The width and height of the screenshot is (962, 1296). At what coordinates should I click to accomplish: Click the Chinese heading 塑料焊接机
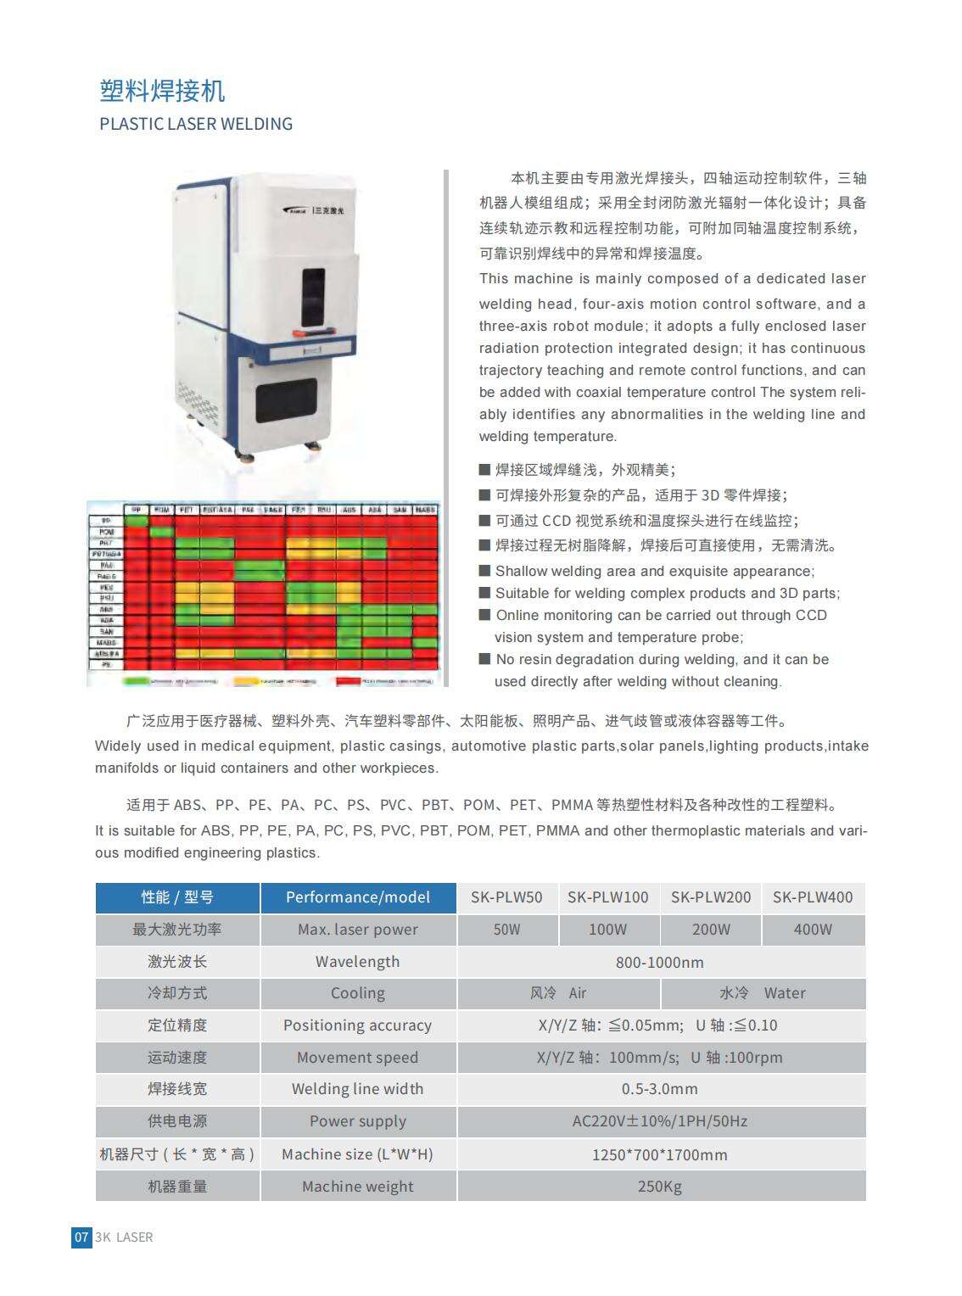[162, 90]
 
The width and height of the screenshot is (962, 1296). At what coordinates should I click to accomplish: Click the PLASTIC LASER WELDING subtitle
[196, 124]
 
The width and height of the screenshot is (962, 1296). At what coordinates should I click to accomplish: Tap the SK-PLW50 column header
[506, 897]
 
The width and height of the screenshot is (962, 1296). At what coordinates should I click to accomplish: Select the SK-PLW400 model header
[813, 897]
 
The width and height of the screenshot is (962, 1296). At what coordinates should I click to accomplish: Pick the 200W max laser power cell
[711, 930]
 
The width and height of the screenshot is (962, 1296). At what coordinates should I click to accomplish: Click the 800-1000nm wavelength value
[660, 962]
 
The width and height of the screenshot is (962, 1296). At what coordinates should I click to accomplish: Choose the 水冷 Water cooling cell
[763, 993]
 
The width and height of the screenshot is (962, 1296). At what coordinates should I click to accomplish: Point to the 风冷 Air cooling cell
[558, 993]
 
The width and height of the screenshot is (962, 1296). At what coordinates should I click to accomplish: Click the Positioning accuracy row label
[357, 1025]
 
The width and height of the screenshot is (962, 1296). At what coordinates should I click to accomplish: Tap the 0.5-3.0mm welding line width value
[660, 1089]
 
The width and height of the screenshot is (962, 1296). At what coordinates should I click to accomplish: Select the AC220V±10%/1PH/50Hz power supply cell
[660, 1121]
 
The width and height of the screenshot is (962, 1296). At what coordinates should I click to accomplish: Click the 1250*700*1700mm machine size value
[660, 1154]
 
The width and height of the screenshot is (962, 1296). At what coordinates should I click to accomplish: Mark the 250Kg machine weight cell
[660, 1187]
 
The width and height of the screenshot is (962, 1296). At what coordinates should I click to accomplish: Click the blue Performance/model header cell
[357, 897]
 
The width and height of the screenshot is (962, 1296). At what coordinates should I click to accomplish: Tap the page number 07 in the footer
[81, 1237]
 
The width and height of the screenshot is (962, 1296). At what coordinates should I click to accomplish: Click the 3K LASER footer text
[125, 1237]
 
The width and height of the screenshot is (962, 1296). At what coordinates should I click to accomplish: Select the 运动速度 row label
[177, 1058]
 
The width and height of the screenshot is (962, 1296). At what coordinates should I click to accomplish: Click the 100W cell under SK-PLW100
[608, 930]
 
